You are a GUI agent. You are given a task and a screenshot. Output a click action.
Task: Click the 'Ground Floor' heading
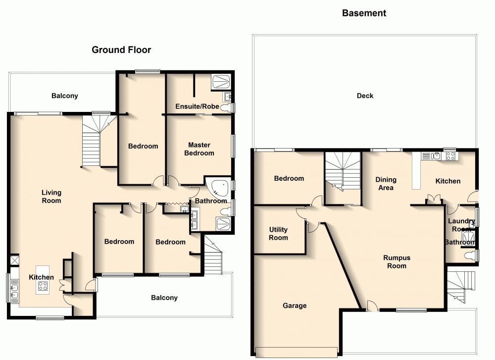point(121,50)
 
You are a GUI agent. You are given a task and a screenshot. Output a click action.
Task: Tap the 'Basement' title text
point(364,13)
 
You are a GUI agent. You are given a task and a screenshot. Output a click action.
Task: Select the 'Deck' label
point(365,96)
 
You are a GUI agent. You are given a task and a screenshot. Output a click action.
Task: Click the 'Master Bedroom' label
point(199,149)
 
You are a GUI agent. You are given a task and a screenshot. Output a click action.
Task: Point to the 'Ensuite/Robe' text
point(197,106)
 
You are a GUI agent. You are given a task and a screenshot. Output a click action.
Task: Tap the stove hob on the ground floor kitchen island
point(43,286)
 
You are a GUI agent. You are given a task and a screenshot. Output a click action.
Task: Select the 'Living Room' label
point(51,197)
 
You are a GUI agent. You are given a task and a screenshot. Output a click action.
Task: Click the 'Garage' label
point(295,306)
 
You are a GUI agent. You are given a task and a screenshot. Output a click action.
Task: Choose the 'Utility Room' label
point(278,234)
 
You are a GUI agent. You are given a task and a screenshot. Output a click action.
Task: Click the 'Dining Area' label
point(386,184)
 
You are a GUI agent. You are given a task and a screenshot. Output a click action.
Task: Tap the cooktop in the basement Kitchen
point(451,156)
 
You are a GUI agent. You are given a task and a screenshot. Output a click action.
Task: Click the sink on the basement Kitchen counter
point(434,156)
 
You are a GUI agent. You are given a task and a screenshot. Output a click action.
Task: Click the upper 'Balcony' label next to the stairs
point(65,96)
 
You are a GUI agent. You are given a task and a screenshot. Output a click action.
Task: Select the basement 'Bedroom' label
point(289,178)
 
